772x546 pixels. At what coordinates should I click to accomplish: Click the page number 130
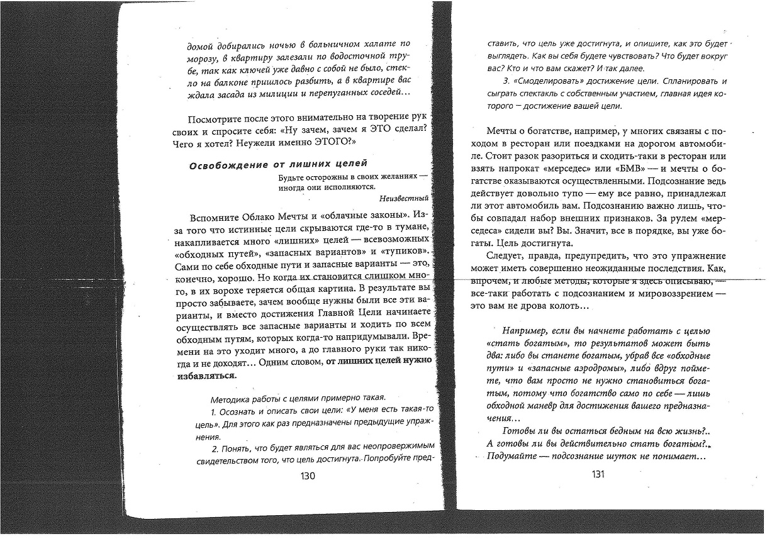(x=308, y=476)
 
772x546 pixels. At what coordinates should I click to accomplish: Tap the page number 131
(x=598, y=474)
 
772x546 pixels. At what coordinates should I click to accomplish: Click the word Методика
(x=231, y=399)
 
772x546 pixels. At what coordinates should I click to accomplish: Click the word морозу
(x=204, y=58)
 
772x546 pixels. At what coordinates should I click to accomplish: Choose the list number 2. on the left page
(x=215, y=448)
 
